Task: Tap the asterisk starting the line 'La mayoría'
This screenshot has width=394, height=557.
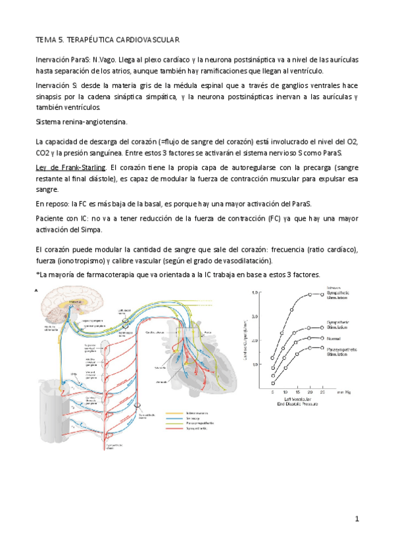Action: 37,275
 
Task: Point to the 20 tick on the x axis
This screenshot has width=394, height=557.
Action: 308,391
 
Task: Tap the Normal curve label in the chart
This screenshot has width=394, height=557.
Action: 333,339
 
